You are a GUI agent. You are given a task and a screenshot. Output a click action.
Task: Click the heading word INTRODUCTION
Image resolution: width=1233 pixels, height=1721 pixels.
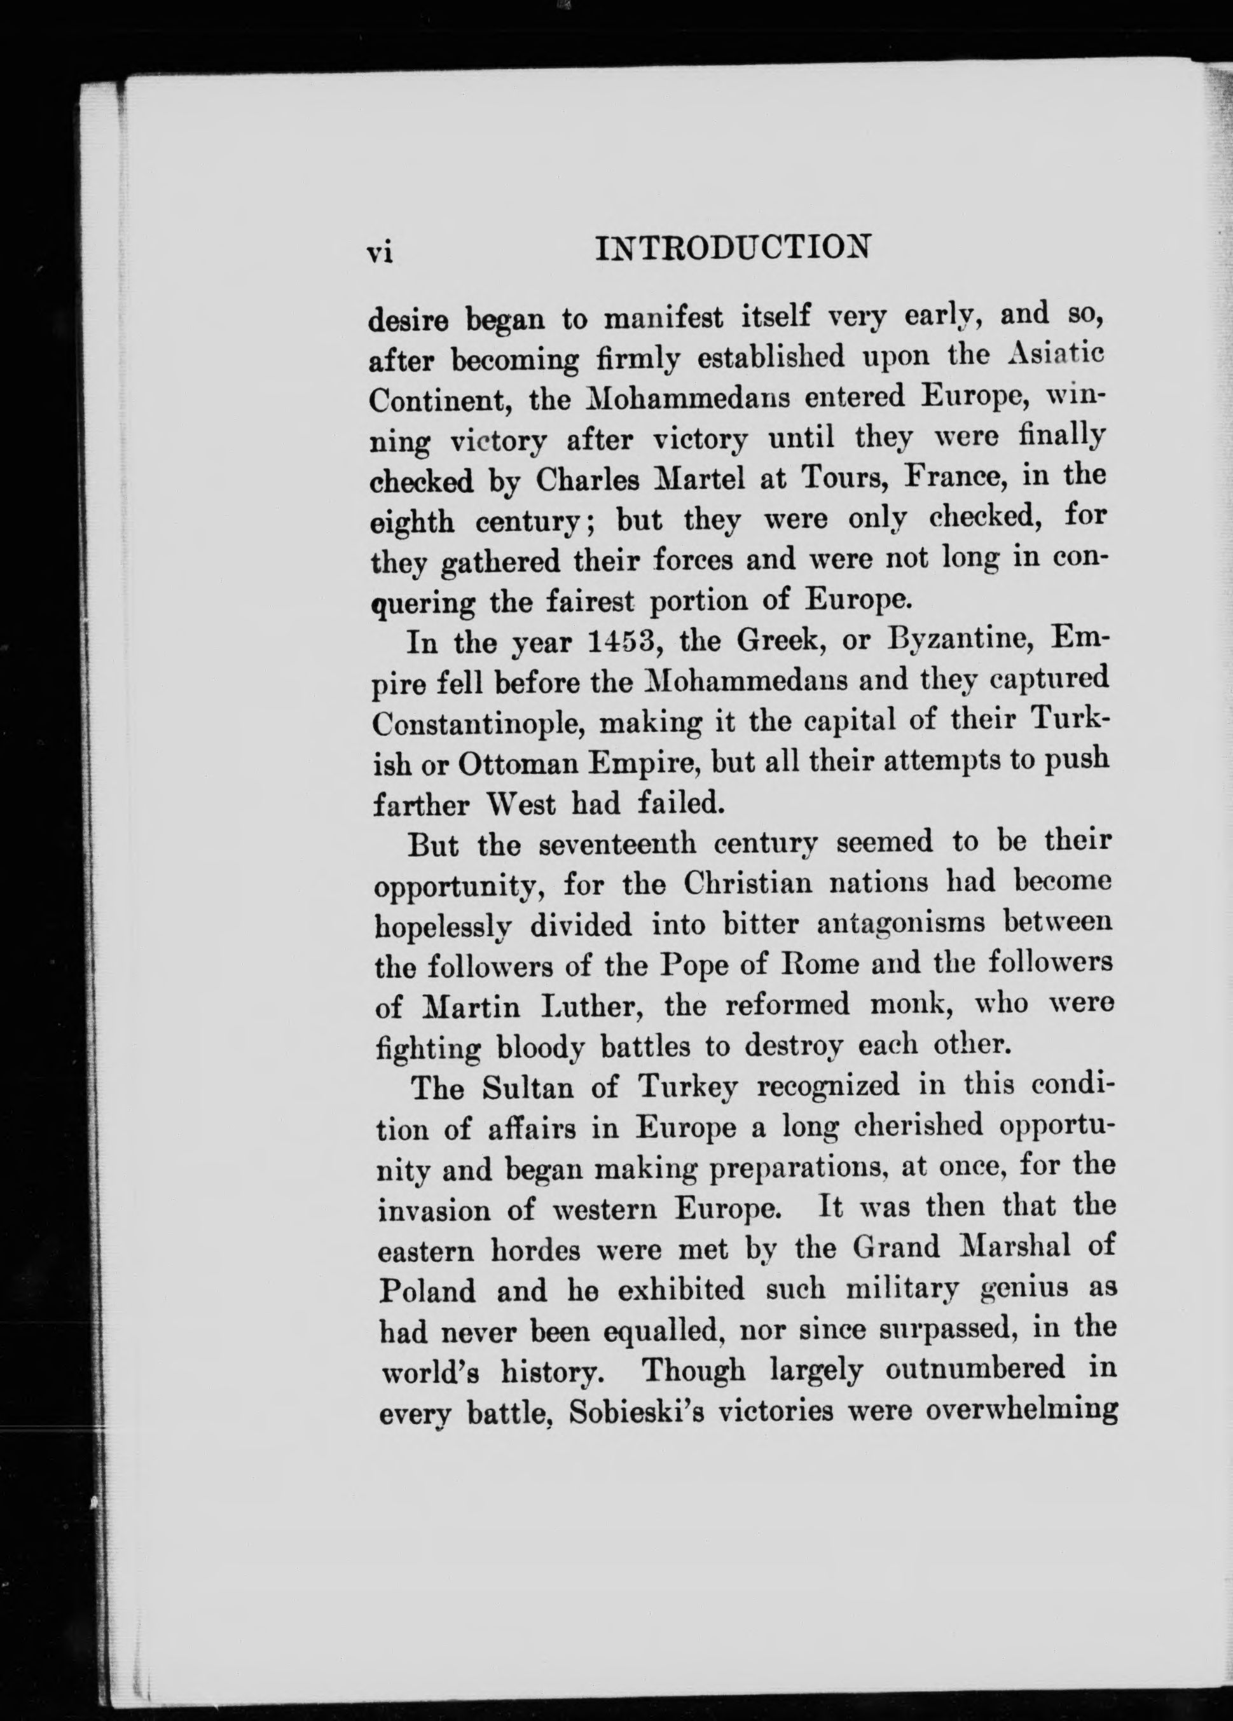[x=732, y=247]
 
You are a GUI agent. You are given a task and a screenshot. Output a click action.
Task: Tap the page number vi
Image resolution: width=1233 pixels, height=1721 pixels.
[x=378, y=252]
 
